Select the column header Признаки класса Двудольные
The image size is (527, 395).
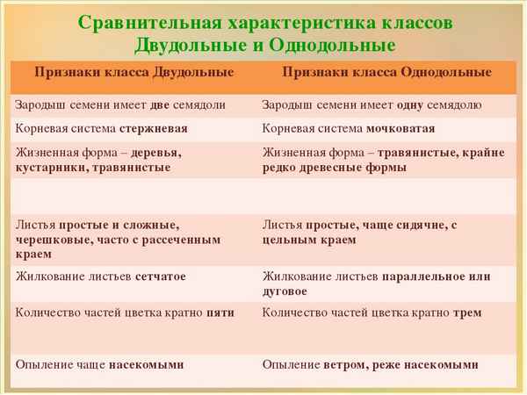pyautogui.click(x=134, y=71)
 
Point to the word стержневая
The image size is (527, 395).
pyautogui.click(x=156, y=128)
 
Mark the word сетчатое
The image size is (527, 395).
pyautogui.click(x=160, y=276)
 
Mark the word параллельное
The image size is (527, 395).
pyautogui.click(x=427, y=276)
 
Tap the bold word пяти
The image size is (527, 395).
pyautogui.click(x=220, y=312)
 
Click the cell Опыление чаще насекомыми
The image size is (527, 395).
pyautogui.click(x=100, y=364)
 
